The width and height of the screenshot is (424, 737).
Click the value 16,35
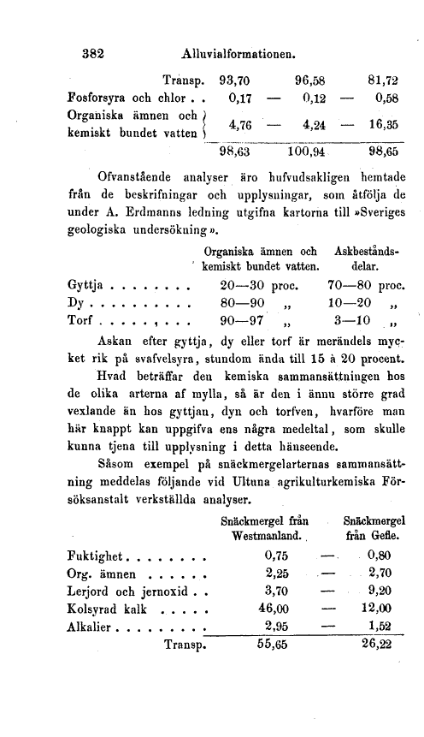[381, 125]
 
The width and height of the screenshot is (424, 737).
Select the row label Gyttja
[86, 285]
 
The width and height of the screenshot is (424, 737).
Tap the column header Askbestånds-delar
[370, 260]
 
